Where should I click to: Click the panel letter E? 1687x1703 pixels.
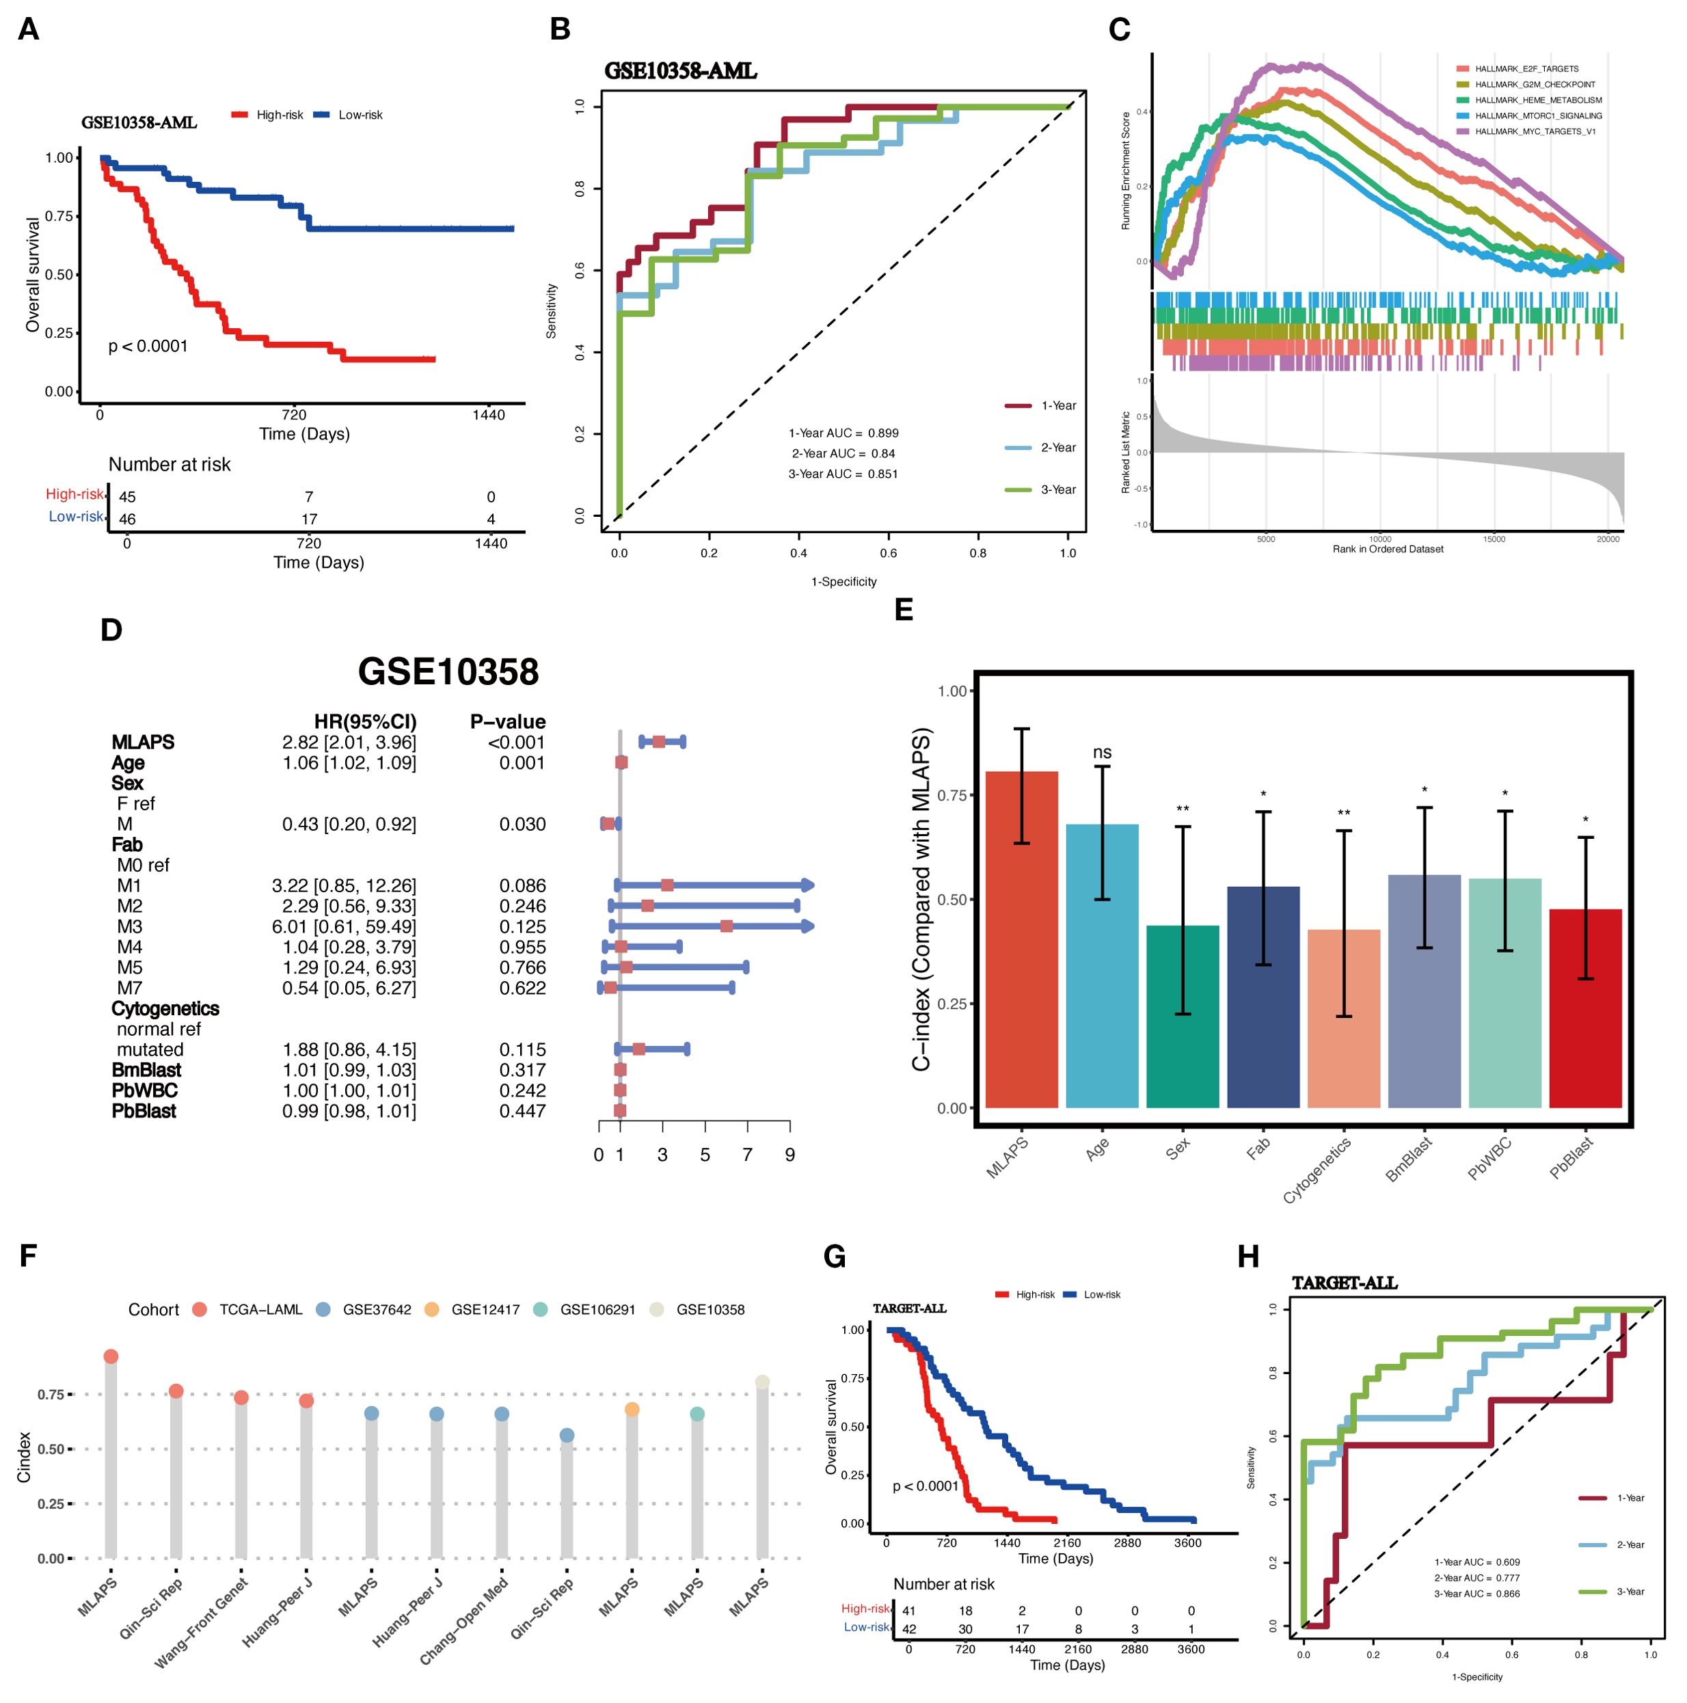pyautogui.click(x=904, y=610)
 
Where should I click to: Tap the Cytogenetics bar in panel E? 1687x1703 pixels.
pyautogui.click(x=1343, y=1018)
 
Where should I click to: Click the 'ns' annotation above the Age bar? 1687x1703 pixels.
pyautogui.click(x=1102, y=752)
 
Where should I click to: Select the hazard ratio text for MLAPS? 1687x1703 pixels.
pyautogui.click(x=349, y=742)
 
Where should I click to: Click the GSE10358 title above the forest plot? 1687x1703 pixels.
pyautogui.click(x=448, y=671)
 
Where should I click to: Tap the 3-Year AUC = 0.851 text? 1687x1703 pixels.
pyautogui.click(x=843, y=474)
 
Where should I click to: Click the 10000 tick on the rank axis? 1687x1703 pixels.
pyautogui.click(x=1380, y=539)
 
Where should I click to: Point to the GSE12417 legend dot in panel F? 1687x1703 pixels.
pyautogui.click(x=432, y=1310)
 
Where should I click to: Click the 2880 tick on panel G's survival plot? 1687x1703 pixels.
pyautogui.click(x=1127, y=1542)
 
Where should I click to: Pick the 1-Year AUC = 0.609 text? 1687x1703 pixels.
pyautogui.click(x=1477, y=1562)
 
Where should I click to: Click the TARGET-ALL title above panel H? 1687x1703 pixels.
pyautogui.click(x=1345, y=1283)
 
